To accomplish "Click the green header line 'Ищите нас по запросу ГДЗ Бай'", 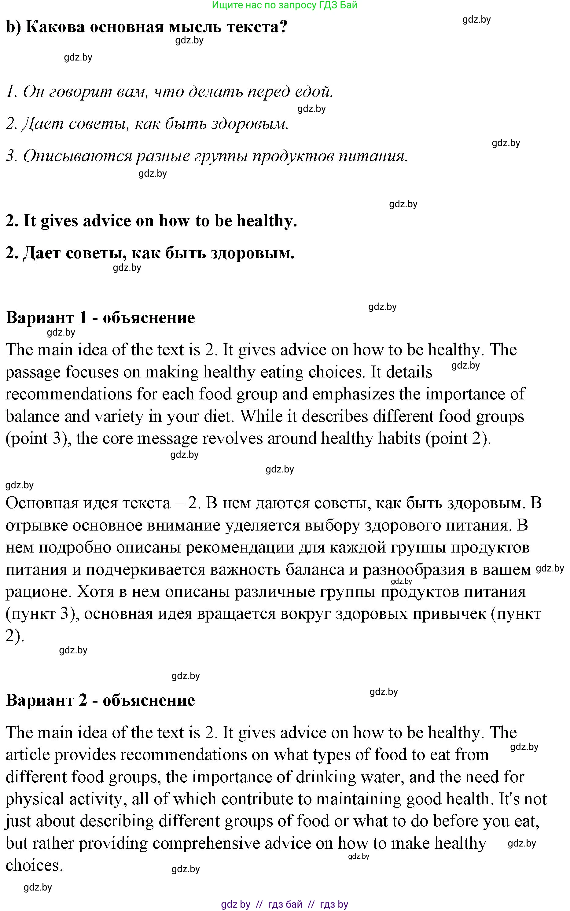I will (x=284, y=5).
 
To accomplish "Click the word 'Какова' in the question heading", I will (x=55, y=27).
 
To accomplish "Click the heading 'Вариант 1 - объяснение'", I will (x=101, y=318).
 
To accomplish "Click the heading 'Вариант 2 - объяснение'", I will (x=101, y=700).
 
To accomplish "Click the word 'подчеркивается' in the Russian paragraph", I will (x=145, y=570).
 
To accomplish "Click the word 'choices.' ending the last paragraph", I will (x=34, y=865).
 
